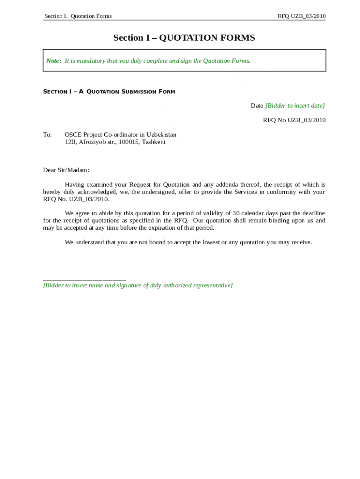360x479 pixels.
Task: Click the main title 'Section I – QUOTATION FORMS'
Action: tap(184, 38)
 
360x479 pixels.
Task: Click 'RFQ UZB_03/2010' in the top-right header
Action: tap(301, 16)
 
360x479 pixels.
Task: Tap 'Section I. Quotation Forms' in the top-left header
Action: tap(78, 16)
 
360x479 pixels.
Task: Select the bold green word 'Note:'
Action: tap(54, 61)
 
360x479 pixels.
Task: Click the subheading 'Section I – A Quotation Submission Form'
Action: tap(109, 92)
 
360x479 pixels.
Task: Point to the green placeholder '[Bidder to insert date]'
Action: tap(295, 106)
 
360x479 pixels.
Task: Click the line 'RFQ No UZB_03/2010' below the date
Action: tap(294, 120)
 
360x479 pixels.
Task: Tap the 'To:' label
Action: tap(47, 135)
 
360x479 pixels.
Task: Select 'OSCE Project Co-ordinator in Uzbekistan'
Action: tap(120, 135)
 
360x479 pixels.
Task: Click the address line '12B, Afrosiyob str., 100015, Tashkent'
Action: tap(115, 142)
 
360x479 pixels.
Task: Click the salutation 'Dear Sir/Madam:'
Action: tap(66, 170)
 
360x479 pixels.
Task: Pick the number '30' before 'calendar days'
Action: tap(236, 213)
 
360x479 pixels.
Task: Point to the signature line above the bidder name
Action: tap(85, 279)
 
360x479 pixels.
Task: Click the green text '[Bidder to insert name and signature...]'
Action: tap(137, 285)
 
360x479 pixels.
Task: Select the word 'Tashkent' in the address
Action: tap(153, 142)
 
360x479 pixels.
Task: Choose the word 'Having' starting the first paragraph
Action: tap(74, 185)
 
